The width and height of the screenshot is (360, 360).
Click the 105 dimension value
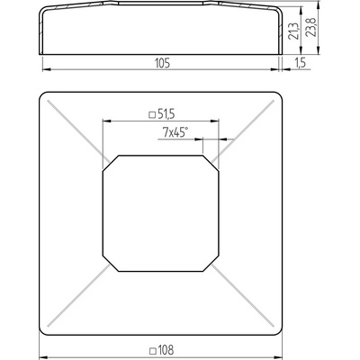coord(163,63)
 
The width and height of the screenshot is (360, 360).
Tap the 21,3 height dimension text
coord(293,31)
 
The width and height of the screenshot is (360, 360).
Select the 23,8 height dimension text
coord(310,27)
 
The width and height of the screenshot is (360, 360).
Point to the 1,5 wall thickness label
coord(299,63)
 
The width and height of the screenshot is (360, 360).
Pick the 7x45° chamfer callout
coord(175,132)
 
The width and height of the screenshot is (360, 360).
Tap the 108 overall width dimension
coord(166,350)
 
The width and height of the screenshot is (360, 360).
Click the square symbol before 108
coord(153,350)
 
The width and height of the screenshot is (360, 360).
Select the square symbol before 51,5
coord(152,114)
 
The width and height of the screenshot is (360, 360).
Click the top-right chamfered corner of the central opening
coord(211,164)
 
